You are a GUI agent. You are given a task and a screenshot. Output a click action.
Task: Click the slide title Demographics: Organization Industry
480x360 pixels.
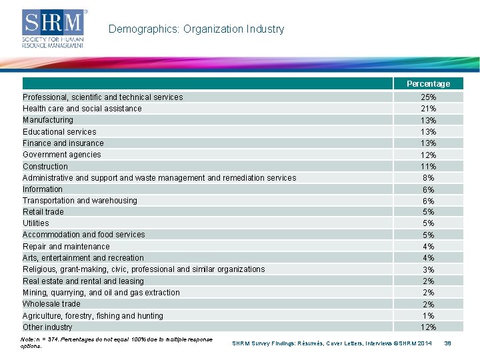pos(196,29)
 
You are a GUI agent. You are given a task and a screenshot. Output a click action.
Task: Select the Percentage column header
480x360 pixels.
pos(428,84)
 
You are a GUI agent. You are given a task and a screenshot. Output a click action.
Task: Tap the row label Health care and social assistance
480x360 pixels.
pos(82,109)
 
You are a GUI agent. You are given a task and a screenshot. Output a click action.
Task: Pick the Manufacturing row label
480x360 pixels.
pos(48,120)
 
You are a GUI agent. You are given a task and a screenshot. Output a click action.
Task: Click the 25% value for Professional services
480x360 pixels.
pos(428,97)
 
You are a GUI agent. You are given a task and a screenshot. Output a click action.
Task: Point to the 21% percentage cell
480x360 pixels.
pos(428,109)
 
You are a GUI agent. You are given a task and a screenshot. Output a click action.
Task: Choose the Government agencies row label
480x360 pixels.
pos(62,155)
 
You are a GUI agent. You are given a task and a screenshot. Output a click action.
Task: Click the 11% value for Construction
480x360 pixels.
pos(428,167)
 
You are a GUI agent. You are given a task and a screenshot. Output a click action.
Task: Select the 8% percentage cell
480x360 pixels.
pos(428,178)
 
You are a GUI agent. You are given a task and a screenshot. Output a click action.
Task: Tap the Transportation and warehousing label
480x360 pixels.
pos(80,201)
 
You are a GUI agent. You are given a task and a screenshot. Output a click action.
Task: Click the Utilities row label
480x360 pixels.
pos(36,223)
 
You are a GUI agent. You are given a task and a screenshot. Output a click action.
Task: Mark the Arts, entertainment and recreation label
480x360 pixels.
pos(83,258)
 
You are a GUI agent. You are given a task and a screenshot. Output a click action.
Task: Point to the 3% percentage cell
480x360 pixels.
pos(428,269)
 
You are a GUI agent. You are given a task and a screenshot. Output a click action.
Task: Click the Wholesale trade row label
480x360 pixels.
pos(51,304)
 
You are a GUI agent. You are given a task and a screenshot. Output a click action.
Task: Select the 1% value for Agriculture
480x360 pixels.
pos(428,315)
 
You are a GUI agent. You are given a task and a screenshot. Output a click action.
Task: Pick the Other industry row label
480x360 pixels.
pos(47,327)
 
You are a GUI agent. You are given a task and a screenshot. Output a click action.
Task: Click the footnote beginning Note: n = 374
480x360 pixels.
pos(117,343)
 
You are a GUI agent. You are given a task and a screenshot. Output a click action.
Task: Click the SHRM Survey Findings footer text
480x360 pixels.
pos(331,343)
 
